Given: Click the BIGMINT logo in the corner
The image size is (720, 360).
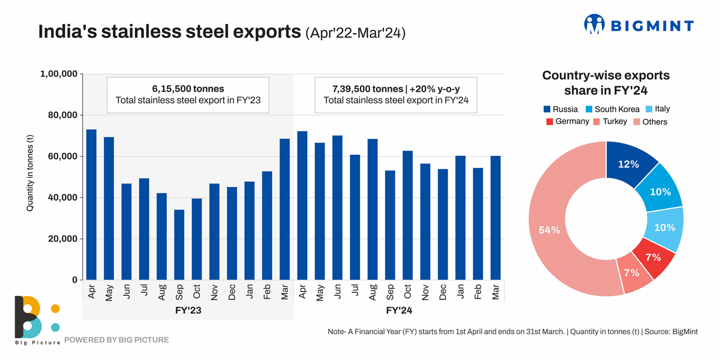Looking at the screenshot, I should click(x=638, y=25).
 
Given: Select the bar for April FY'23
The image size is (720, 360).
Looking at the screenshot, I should click(x=91, y=205).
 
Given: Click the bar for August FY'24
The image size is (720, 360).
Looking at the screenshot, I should click(x=373, y=209).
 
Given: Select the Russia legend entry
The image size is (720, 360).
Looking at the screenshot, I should click(x=560, y=109).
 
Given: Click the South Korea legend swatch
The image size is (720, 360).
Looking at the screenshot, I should click(x=589, y=109).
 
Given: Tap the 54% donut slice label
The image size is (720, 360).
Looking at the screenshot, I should click(x=549, y=230).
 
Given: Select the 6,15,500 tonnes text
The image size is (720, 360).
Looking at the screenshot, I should click(x=188, y=89).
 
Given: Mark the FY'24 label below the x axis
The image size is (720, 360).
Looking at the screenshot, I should click(x=399, y=311).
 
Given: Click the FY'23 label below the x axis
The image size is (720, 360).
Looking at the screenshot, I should click(x=188, y=311).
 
